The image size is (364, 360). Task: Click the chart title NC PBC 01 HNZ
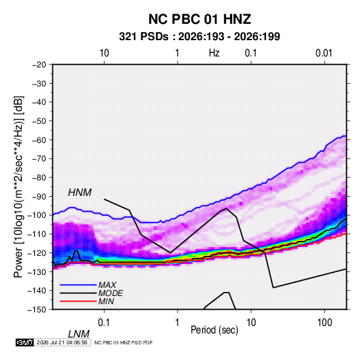[x=199, y=19]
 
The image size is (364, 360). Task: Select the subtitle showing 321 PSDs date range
[x=199, y=37]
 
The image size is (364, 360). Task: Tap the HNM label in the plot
[x=80, y=193]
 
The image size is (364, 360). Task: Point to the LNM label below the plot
[x=79, y=334]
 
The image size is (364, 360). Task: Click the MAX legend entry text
[x=107, y=285]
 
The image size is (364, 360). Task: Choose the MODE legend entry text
[x=110, y=293]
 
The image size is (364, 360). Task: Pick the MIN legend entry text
[x=106, y=301]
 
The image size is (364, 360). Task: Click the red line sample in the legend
[x=78, y=301]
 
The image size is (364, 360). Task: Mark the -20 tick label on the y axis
[x=39, y=65]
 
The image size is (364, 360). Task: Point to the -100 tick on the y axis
[x=37, y=215]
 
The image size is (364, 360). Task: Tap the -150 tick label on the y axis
[x=37, y=310]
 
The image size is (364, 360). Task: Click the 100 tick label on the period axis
[x=325, y=323]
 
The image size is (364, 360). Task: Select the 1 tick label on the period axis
[x=178, y=323]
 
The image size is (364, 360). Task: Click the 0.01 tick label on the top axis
[x=324, y=53]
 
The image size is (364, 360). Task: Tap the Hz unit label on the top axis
[x=214, y=53]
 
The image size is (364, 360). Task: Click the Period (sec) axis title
[x=214, y=330]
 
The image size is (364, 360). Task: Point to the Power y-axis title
[x=18, y=187]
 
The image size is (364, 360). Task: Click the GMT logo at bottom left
[x=24, y=342]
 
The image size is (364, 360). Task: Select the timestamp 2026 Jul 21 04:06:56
[x=62, y=342]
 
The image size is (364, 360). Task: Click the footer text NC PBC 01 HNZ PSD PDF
[x=124, y=342]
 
